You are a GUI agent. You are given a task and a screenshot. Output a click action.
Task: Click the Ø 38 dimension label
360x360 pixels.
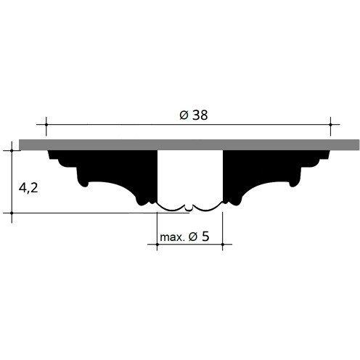pyautogui.click(x=194, y=115)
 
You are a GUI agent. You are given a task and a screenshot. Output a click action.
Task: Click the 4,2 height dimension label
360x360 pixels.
pyautogui.click(x=28, y=187)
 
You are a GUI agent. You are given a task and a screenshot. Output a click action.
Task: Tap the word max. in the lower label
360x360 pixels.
pyautogui.click(x=172, y=237)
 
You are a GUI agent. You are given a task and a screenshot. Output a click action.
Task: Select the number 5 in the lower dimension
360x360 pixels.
pyautogui.click(x=205, y=237)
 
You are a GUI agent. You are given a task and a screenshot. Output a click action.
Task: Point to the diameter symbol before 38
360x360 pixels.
pyautogui.click(x=184, y=115)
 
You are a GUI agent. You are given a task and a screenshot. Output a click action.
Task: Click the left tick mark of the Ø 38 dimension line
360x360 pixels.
pyautogui.click(x=46, y=124)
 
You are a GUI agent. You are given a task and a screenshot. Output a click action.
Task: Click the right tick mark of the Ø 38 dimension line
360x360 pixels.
pyautogui.click(x=330, y=124)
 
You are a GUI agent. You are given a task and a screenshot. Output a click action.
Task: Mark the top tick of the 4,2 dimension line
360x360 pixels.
pyautogui.click(x=12, y=150)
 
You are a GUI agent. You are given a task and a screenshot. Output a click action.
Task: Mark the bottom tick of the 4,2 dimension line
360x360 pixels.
pyautogui.click(x=12, y=213)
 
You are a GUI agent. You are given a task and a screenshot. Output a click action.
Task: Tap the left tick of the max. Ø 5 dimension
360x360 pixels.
pyautogui.click(x=157, y=245)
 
